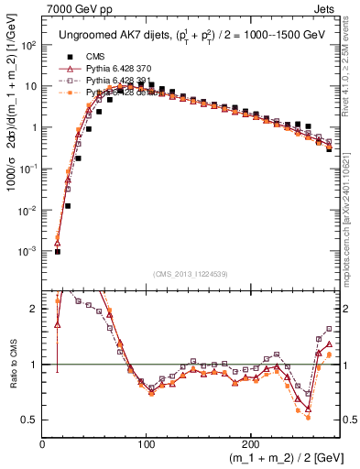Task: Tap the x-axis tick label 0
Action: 42,442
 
